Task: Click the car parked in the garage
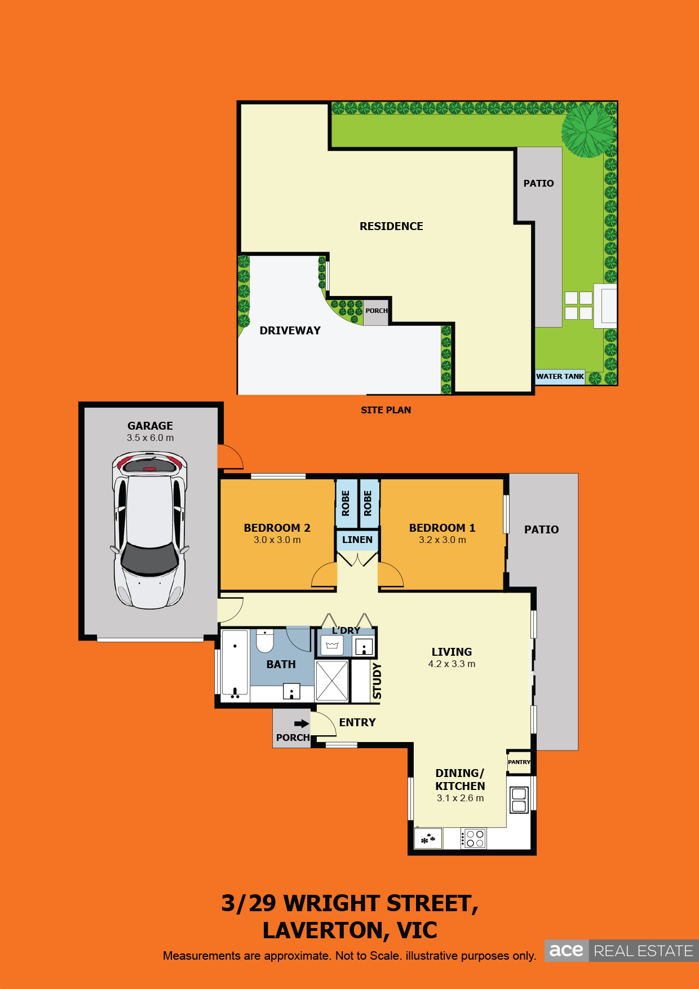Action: tap(150, 530)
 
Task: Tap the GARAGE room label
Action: tap(150, 426)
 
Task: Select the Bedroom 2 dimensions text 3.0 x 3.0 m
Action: tap(277, 540)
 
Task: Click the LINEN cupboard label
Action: tap(357, 540)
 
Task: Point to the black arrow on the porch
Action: tap(302, 723)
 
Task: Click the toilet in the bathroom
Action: tap(265, 641)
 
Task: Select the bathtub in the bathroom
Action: tap(235, 663)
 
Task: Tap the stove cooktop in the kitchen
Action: tap(474, 838)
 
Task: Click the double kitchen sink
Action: tap(519, 800)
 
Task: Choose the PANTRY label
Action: tap(519, 762)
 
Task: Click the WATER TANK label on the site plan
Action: tap(560, 376)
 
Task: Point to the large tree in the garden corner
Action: tap(589, 130)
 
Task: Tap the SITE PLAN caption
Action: tap(386, 410)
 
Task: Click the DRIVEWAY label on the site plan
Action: tap(290, 330)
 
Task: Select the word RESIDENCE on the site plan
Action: tap(391, 226)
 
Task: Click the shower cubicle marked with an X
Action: tap(332, 680)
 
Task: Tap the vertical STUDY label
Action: tap(377, 681)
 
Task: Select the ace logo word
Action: tap(566, 951)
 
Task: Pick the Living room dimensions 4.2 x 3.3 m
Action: tap(452, 664)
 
